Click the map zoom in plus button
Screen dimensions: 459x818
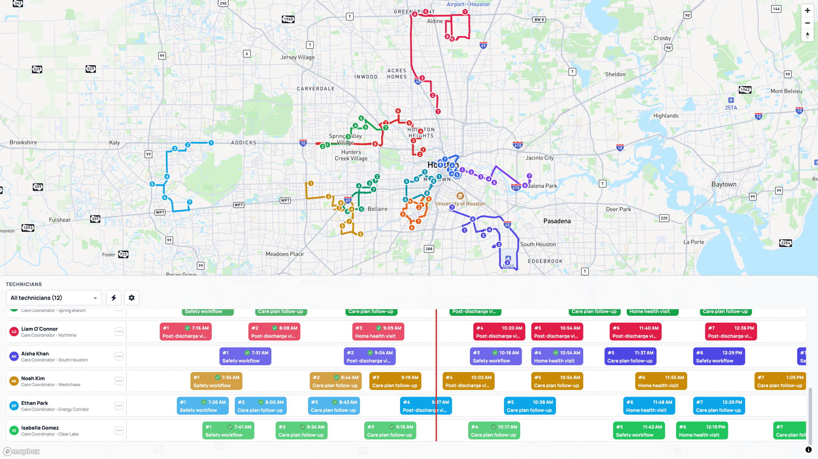pos(807,11)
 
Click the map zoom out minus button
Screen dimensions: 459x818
pos(807,23)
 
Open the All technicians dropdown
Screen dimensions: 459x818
pos(54,298)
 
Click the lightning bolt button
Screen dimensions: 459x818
pos(114,298)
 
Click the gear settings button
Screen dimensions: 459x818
pos(132,298)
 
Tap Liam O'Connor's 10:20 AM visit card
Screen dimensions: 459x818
pos(499,332)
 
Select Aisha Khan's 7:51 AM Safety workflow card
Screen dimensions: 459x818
pos(245,356)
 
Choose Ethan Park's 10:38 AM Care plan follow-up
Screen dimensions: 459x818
pos(530,406)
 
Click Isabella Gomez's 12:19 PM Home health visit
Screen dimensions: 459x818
pos(702,431)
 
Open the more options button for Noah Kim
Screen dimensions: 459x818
pos(119,381)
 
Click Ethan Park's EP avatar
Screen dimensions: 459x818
pos(14,406)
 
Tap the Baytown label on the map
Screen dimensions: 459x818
pos(724,184)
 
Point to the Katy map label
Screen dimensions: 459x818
pos(114,143)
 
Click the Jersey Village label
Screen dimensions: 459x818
pos(297,57)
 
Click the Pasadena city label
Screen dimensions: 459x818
pos(557,221)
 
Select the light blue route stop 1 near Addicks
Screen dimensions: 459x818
pos(211,143)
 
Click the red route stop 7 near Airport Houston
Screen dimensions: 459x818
pos(465,12)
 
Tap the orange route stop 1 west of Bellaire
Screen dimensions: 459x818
pos(311,183)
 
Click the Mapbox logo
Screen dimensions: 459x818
pos(22,451)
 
